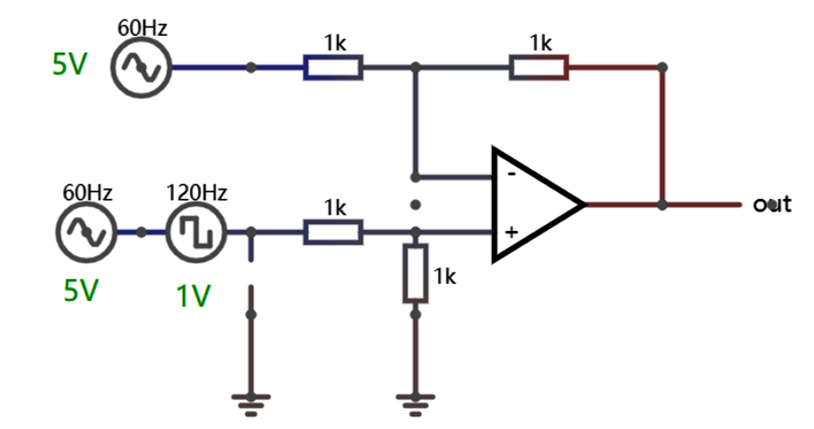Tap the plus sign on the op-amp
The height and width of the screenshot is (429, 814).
511,233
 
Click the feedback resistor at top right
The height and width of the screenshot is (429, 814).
539,67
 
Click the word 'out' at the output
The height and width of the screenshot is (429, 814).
771,204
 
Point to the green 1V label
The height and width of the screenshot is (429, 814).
193,295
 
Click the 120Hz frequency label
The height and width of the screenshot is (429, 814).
196,192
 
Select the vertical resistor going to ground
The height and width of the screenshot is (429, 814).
416,273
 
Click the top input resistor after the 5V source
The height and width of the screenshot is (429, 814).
333,67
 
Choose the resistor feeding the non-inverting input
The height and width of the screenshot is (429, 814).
333,232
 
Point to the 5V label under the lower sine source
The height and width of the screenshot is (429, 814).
81,292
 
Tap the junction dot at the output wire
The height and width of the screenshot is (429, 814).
662,205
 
